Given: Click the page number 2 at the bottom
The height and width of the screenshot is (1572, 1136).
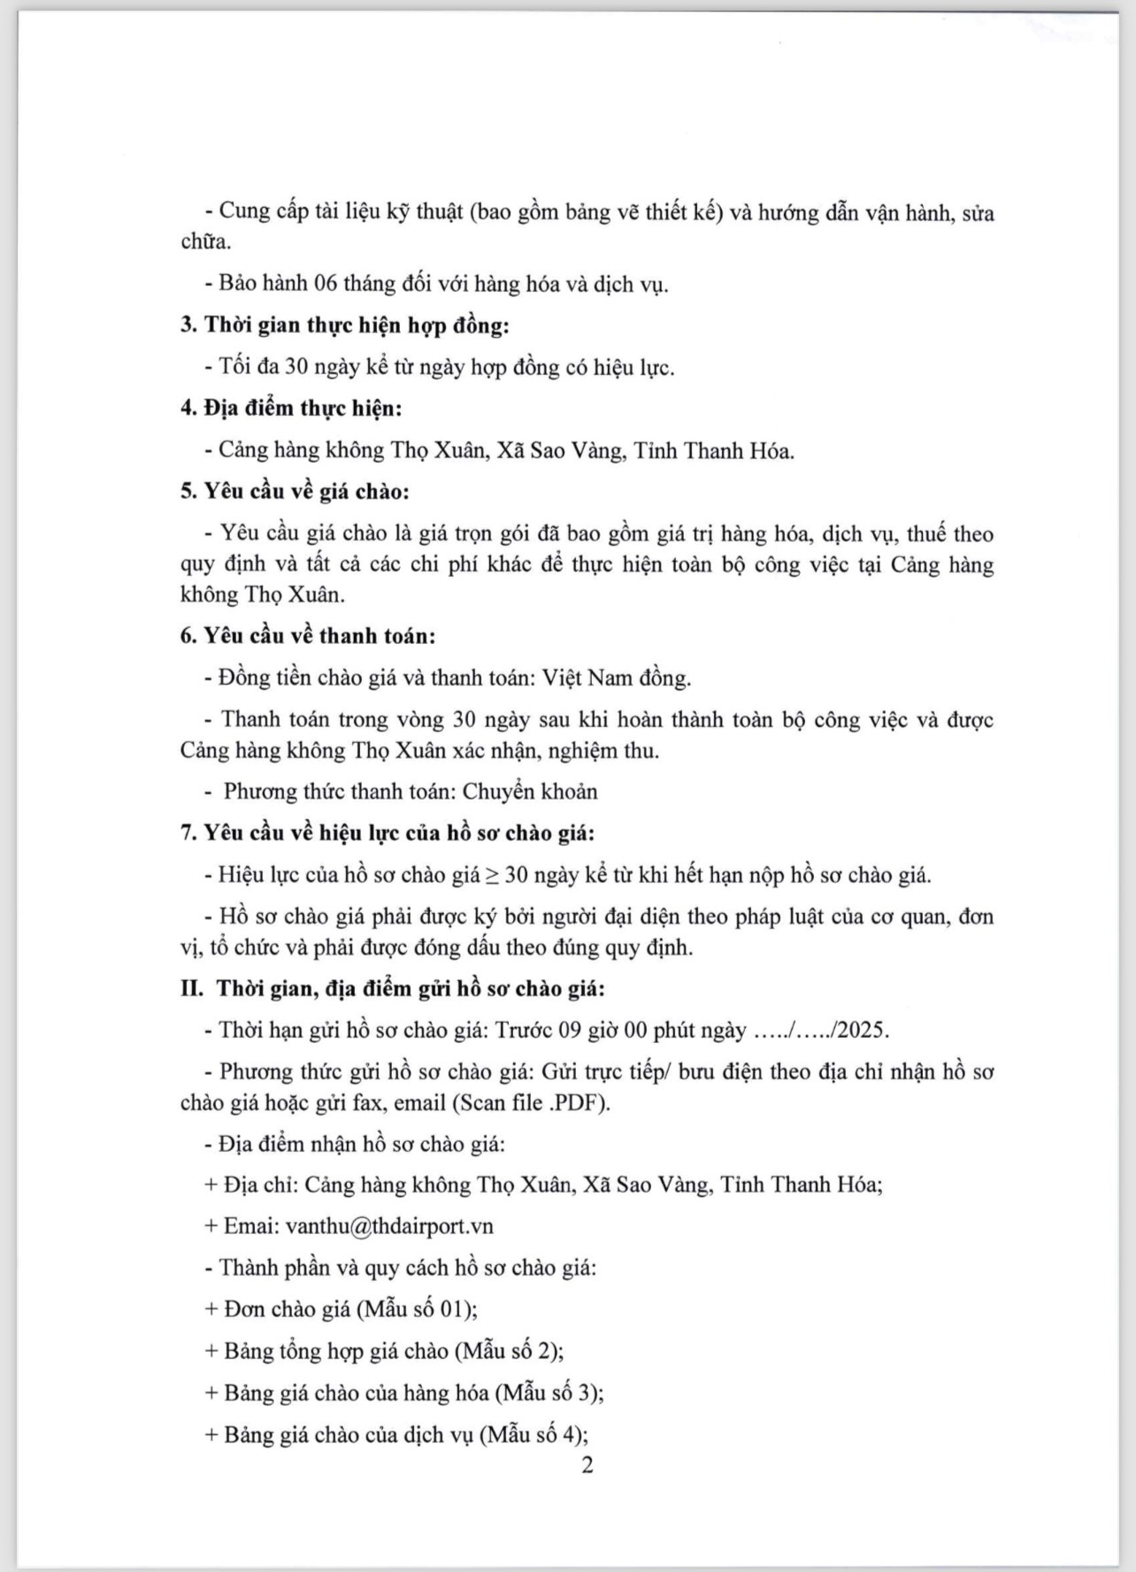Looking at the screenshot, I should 587,1465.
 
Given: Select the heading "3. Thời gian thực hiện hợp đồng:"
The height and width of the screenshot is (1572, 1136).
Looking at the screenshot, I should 345,326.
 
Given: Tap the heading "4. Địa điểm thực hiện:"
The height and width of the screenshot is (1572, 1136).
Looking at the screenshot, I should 291,409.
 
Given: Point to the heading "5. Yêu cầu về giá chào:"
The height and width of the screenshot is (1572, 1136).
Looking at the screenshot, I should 295,492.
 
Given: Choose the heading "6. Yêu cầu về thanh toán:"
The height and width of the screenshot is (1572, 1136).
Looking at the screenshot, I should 308,636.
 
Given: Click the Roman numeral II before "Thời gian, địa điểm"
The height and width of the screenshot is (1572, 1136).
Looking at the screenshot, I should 192,989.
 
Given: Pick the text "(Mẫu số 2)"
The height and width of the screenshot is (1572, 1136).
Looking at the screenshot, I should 509,1351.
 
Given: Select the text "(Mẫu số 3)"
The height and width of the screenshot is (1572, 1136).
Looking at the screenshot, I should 549,1392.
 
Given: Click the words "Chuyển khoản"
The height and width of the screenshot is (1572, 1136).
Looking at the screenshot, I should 530,792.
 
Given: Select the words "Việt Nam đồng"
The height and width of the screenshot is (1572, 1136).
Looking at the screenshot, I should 616,679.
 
